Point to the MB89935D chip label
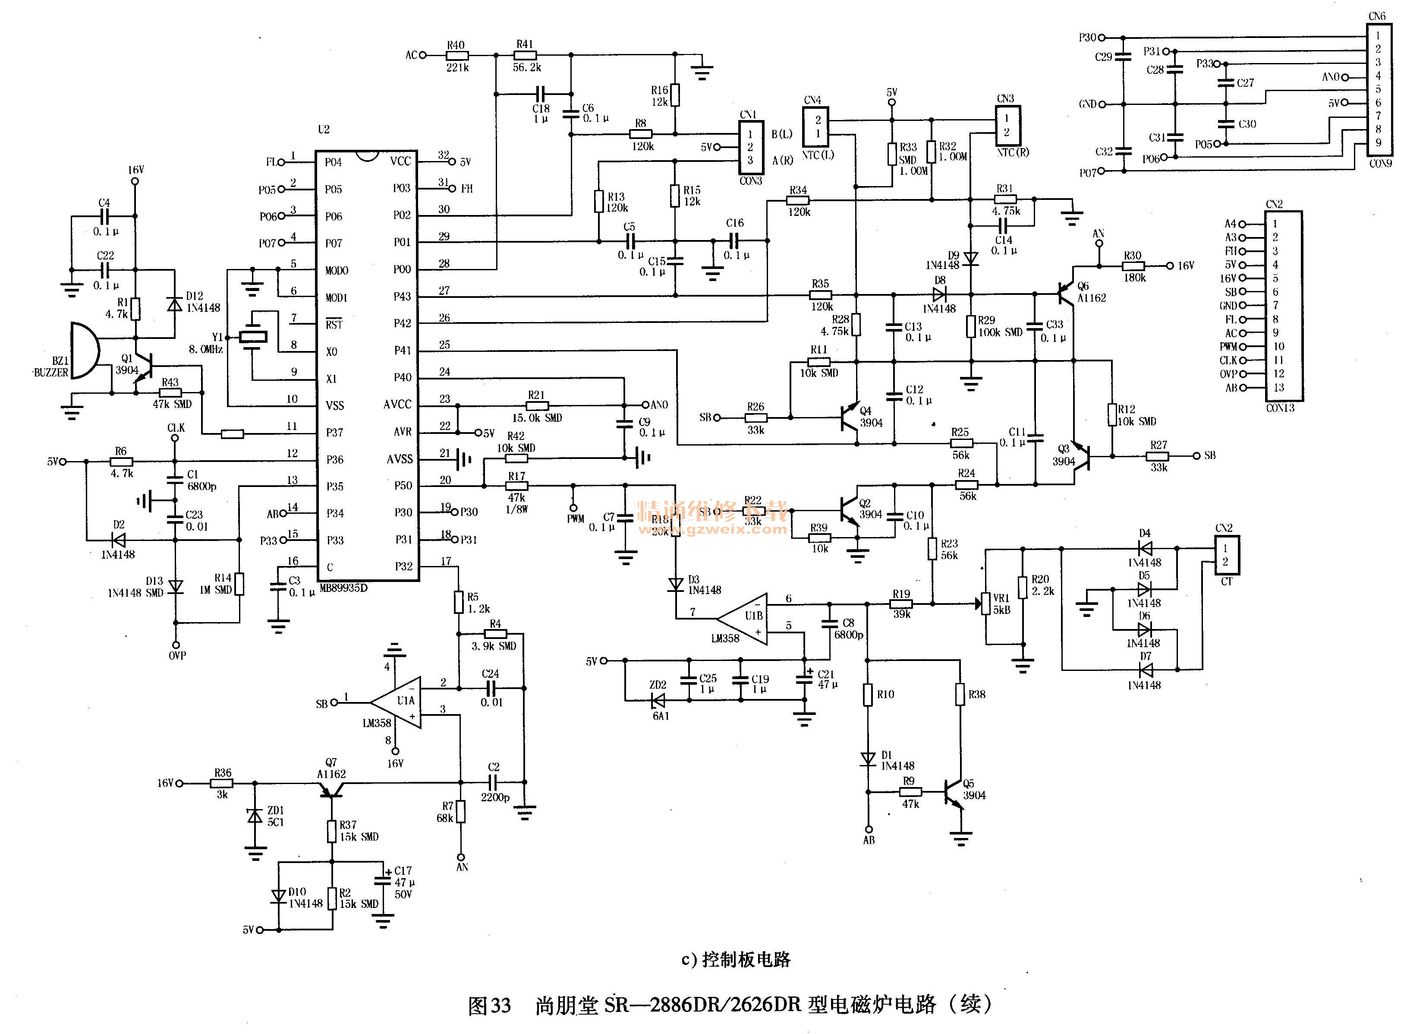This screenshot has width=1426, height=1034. pos(343,588)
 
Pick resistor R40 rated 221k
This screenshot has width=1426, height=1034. pos(457,55)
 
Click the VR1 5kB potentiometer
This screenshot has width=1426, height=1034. pos(985,604)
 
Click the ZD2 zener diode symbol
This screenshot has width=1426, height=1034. pos(658,700)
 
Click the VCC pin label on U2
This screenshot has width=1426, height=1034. pos(400,161)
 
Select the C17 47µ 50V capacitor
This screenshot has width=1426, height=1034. pos(383,881)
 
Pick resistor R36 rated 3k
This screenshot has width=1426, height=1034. pos(222,783)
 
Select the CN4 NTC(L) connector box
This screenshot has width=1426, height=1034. pos(816,127)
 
